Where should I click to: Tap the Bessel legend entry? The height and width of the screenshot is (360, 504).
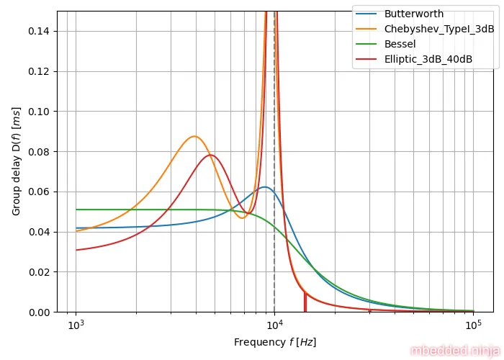pos(400,44)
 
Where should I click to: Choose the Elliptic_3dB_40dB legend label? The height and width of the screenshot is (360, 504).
pos(428,59)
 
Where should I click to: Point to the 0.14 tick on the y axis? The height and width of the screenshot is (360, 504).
pos(41,32)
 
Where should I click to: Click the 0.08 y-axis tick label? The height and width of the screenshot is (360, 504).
pos(41,152)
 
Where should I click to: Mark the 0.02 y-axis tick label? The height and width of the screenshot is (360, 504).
pos(41,272)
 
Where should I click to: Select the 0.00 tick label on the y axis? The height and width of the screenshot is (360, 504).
pos(41,312)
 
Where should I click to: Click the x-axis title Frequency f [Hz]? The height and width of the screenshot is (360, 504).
pos(275,342)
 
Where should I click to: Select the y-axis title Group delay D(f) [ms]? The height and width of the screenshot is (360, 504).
pos(16,161)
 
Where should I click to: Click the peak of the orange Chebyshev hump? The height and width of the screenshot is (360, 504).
pos(194,136)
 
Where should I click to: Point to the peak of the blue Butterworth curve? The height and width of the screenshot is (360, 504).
pos(265,187)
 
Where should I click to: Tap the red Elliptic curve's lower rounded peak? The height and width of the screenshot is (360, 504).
pos(210,155)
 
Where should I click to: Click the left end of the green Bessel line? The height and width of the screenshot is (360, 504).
pos(76,210)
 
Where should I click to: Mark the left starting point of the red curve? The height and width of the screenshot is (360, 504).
pos(76,250)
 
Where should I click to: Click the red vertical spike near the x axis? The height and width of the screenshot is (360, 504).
pos(305,302)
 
